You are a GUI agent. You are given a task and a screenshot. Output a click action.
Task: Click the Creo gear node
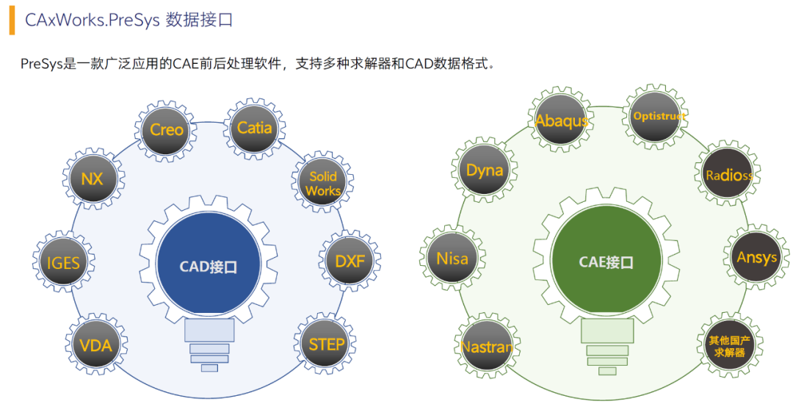[x=166, y=131]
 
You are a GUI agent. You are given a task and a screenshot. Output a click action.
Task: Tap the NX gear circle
[x=93, y=179]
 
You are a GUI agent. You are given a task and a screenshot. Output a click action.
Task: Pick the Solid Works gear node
[x=322, y=182]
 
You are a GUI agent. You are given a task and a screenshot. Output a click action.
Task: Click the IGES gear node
[x=63, y=263]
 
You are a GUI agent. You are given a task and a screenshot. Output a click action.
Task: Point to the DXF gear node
[x=350, y=261]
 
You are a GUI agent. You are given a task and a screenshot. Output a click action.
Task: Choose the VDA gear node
[x=96, y=345]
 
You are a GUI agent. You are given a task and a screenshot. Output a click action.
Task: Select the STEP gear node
[x=325, y=345]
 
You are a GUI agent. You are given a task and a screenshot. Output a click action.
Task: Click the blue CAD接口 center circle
[x=209, y=266]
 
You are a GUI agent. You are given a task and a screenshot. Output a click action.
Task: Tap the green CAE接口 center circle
[x=606, y=262]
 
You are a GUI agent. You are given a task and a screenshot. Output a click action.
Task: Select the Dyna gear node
[x=485, y=170]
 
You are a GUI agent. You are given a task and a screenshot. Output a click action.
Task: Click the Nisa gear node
[x=452, y=258]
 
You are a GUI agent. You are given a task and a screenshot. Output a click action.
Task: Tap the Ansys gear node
[x=756, y=257]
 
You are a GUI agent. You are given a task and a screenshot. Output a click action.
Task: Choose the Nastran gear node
[x=487, y=346]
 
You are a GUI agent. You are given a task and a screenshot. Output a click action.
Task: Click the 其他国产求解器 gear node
[x=729, y=345]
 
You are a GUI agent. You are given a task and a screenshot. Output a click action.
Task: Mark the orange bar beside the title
[x=12, y=21]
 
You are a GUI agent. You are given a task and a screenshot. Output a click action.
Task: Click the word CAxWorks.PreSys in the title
[x=92, y=21]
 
